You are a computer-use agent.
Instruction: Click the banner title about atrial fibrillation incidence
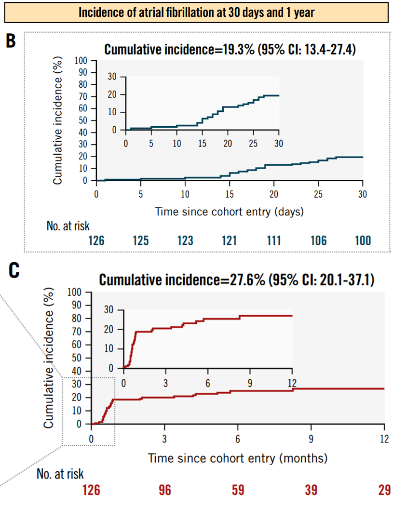196,12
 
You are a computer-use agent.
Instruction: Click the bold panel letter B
11,41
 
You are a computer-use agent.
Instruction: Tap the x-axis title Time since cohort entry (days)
229,211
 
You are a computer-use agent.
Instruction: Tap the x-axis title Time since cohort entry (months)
237,457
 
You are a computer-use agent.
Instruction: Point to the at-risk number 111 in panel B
274,240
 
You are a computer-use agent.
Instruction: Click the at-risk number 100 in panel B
362,240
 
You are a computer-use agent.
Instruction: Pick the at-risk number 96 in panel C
165,490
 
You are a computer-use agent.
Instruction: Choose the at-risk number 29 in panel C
384,490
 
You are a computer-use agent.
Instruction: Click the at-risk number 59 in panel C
238,490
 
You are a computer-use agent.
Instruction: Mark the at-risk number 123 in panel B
185,240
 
